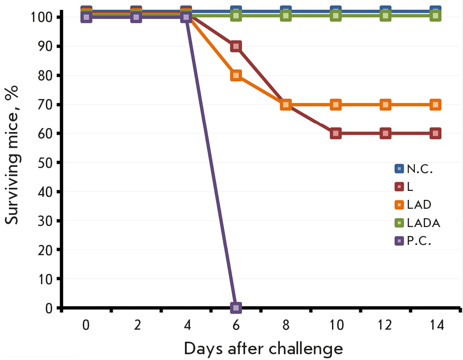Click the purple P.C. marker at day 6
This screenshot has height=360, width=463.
[x=236, y=307]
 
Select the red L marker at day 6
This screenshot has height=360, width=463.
[x=236, y=46]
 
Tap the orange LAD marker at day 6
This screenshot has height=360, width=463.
[x=236, y=75]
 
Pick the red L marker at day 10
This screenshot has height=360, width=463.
[x=336, y=133]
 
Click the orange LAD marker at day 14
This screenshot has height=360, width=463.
[x=436, y=104]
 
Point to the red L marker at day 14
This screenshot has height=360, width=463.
[x=436, y=133]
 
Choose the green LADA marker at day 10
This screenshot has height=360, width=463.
[x=336, y=16]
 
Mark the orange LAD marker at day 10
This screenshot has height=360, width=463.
[x=336, y=104]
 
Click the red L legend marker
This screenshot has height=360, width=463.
[x=399, y=187]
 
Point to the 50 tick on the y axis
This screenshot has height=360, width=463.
[x=45, y=162]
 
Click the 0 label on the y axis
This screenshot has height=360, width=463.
[x=48, y=308]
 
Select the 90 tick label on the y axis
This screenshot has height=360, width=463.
[x=45, y=46]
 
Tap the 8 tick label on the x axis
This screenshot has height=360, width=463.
[x=286, y=325]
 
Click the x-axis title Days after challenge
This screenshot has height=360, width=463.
[x=263, y=348]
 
